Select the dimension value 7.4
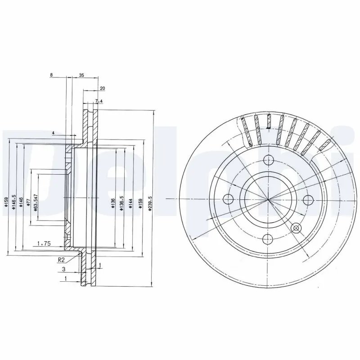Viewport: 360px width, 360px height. pos(99,102)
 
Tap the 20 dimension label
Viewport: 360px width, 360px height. pos(102,89)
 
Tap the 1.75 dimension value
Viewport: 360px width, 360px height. pos(43,243)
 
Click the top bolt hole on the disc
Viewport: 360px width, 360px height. pos(268,159)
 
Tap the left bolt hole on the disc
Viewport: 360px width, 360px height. pos(228,199)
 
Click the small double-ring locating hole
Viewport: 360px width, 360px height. pos(296,227)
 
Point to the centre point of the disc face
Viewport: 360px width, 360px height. pos(268,199)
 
